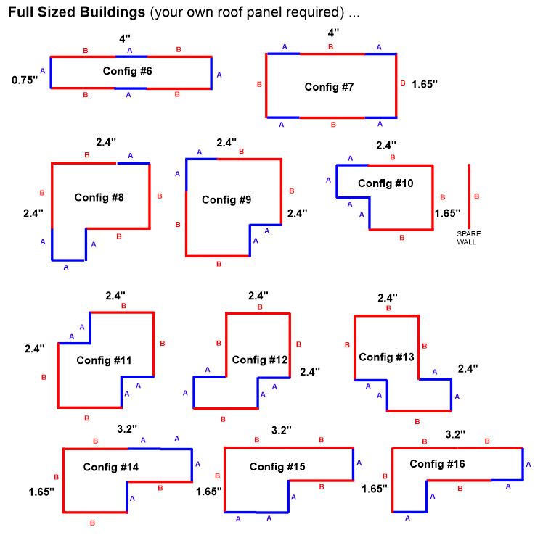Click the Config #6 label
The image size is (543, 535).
tap(127, 71)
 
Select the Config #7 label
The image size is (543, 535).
tap(329, 86)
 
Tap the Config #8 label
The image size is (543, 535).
tap(99, 196)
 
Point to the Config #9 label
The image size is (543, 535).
tap(226, 199)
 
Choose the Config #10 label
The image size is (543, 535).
tap(385, 183)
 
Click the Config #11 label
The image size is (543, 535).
tap(103, 360)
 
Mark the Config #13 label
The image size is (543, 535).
tap(386, 357)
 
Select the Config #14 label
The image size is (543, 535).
tap(110, 467)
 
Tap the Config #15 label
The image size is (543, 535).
tap(277, 466)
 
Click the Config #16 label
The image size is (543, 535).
tap(437, 463)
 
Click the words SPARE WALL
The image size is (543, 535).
tap(468, 237)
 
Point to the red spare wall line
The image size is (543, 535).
tap(469, 196)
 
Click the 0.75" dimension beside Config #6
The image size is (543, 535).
tap(24, 80)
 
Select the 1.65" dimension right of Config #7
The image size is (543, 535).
tap(425, 84)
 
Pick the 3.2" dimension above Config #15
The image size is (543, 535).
tap(281, 430)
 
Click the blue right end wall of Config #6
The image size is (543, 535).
tap(211, 72)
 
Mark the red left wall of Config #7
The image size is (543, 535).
tap(266, 86)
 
